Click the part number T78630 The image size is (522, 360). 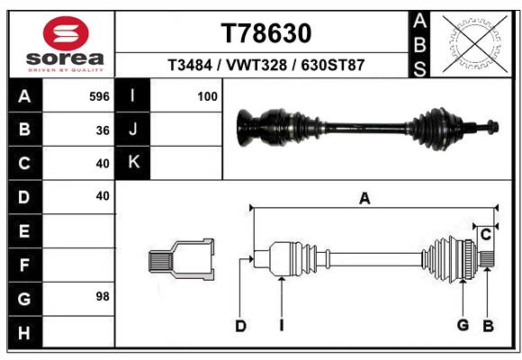tap(266, 33)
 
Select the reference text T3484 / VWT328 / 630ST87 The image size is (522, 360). tap(266, 67)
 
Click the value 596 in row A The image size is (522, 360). tap(99, 95)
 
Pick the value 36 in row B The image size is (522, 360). tap(103, 130)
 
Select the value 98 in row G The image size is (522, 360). tap(102, 296)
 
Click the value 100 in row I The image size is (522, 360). tap(207, 95)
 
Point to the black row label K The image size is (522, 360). tap(133, 163)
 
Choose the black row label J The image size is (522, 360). tap(133, 130)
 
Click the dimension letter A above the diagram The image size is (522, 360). tap(364, 199)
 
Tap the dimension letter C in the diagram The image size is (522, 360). tap(485, 235)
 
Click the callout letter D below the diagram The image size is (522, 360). tap(240, 326)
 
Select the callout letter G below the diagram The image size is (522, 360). tap(463, 326)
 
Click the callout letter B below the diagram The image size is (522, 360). tap(487, 326)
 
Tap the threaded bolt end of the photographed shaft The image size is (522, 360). tap(490, 127)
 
